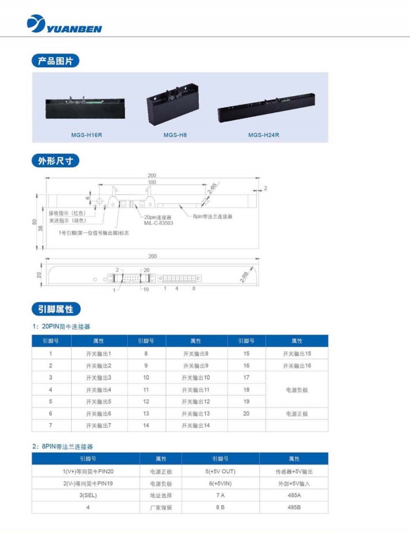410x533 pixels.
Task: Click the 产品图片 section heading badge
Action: click(x=55, y=61)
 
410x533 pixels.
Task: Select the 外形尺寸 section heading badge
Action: click(x=55, y=161)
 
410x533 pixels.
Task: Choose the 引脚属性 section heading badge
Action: click(x=56, y=309)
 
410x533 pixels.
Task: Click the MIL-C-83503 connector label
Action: click(x=159, y=223)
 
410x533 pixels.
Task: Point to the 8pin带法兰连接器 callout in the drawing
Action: click(x=213, y=217)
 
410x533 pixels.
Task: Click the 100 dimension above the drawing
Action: click(x=152, y=182)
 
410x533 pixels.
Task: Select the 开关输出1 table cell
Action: click(x=99, y=354)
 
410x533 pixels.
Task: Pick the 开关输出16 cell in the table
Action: click(x=297, y=366)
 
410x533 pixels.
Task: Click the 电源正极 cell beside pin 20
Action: click(x=297, y=414)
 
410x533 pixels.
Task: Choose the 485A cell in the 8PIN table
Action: click(x=294, y=496)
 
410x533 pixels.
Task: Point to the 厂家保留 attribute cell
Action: click(x=160, y=508)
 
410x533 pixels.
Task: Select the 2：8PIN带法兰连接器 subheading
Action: click(x=63, y=447)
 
